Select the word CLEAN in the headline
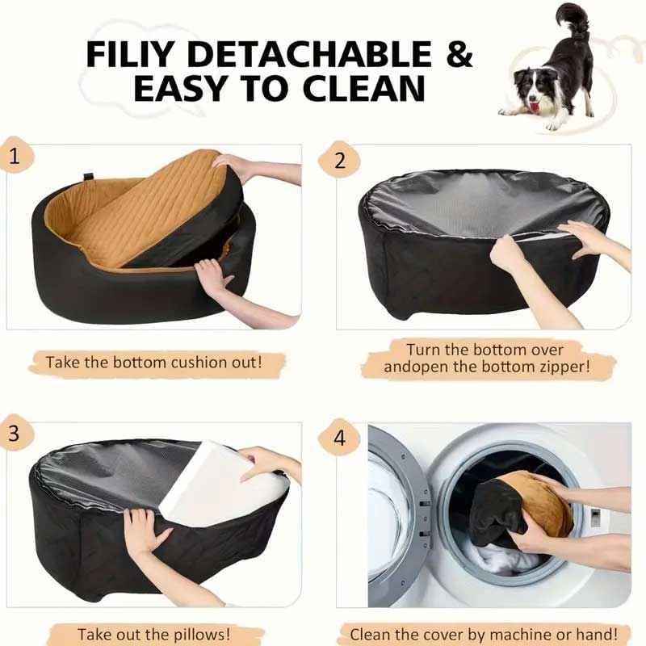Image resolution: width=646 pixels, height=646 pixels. click(x=363, y=88)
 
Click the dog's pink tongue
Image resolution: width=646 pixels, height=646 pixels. click(x=535, y=108)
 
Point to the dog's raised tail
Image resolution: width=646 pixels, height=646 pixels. click(x=572, y=21)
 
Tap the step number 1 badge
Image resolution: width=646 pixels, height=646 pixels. click(x=15, y=156)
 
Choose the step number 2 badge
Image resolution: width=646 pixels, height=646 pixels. click(x=339, y=160)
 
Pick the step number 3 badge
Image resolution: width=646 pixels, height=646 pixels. click(x=14, y=433)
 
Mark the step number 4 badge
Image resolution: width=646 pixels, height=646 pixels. click(x=339, y=438)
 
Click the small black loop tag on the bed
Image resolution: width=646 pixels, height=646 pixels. click(x=87, y=176)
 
